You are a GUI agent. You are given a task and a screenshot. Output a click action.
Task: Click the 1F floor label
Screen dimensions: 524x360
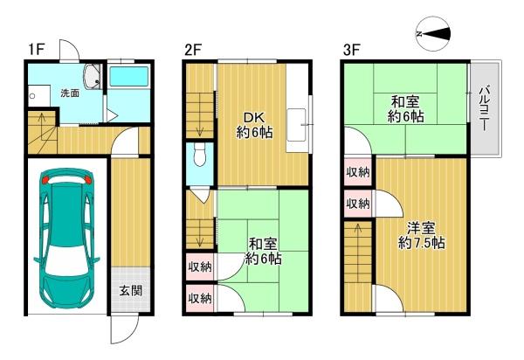(x=36, y=50)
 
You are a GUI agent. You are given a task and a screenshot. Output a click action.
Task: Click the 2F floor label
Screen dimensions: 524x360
(x=194, y=50)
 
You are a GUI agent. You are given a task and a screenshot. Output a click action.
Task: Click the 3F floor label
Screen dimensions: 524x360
(x=352, y=50)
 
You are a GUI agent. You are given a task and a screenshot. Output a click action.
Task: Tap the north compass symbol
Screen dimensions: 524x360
(x=433, y=34)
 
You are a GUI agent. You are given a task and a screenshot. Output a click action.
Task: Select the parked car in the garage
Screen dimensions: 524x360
(x=67, y=239)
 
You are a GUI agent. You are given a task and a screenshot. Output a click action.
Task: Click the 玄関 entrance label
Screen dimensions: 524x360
(x=131, y=291)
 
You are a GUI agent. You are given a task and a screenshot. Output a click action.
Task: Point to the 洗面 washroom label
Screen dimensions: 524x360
(x=70, y=93)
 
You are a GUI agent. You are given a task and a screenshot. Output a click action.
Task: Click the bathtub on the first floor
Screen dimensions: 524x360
(x=129, y=77)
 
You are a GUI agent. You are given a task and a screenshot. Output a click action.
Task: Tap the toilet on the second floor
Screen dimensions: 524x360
(x=200, y=156)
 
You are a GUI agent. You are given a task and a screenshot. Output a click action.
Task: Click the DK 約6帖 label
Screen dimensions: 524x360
(x=254, y=125)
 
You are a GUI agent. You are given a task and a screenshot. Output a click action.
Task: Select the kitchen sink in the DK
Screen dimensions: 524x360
(x=296, y=125)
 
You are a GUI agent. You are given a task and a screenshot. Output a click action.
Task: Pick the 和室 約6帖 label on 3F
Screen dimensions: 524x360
(x=406, y=108)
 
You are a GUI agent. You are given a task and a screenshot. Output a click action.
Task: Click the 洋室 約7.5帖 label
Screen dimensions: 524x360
(x=421, y=236)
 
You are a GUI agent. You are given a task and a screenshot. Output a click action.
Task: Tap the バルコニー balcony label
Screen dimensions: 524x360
(x=486, y=108)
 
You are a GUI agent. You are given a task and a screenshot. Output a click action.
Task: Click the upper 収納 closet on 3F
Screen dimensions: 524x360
(x=358, y=172)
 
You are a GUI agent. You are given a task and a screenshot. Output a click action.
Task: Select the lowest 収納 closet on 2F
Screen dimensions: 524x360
(x=200, y=299)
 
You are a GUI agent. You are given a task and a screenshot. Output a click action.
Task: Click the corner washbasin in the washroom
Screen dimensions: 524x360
(x=92, y=76)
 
